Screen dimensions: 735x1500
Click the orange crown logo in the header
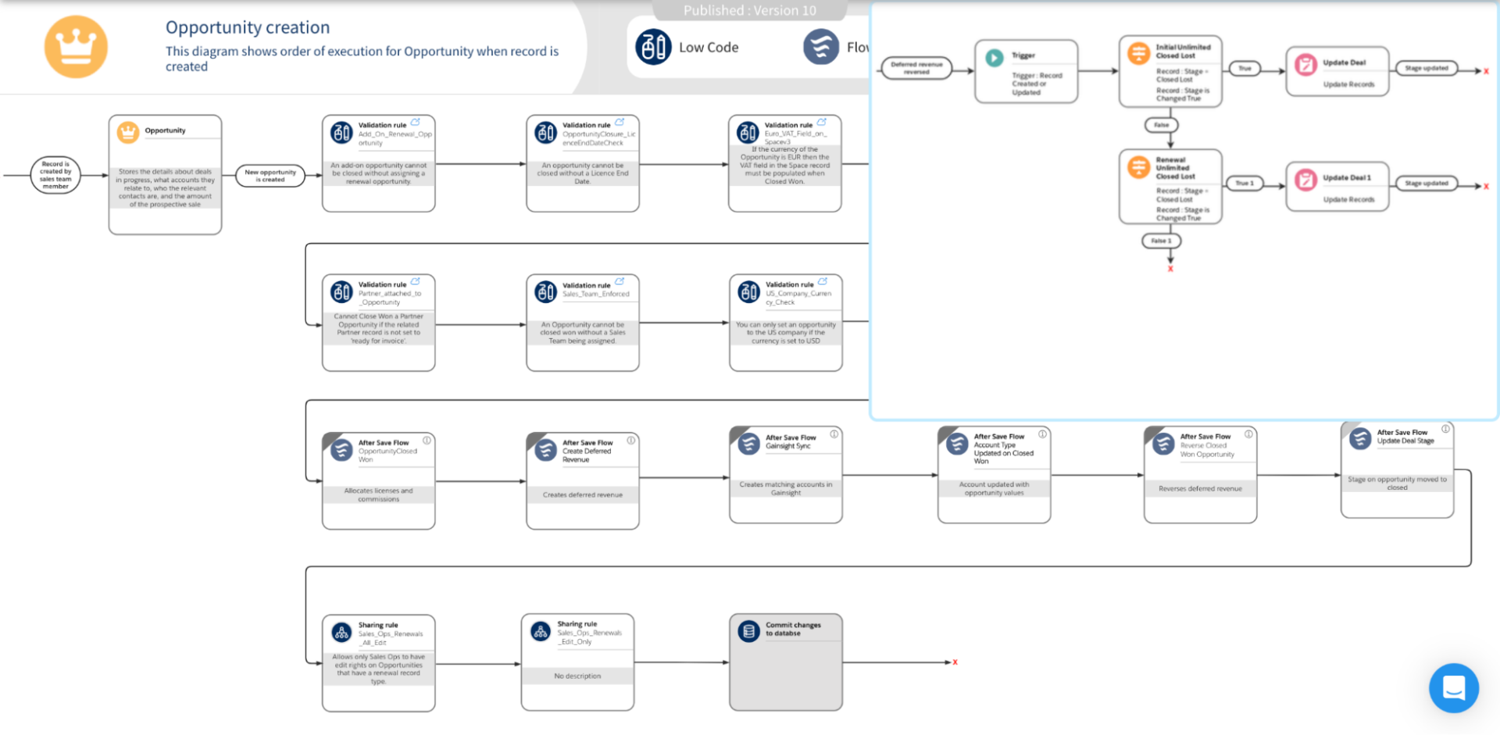[76, 47]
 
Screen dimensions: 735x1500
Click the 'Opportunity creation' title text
[247, 27]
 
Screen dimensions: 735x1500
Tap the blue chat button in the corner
[1453, 688]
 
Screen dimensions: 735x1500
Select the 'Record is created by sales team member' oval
[55, 175]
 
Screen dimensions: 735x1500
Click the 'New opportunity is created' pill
[270, 176]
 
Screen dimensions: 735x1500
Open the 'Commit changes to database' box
[785, 662]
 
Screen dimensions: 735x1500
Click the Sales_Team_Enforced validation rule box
[582, 323]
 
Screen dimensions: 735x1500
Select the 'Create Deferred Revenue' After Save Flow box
[582, 481]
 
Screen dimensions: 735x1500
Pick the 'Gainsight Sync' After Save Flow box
[785, 475]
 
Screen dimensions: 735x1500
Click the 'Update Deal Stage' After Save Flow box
[1397, 471]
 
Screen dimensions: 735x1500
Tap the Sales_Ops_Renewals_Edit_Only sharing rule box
[577, 662]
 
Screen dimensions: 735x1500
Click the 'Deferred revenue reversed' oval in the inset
[916, 68]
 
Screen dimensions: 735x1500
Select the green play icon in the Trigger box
[994, 58]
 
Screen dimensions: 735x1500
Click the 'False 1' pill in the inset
[1161, 241]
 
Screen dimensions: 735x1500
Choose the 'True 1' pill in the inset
[1244, 184]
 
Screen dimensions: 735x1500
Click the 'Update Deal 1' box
[1337, 187]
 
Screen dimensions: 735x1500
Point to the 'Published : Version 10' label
[749, 10]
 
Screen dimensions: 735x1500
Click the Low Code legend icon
[653, 47]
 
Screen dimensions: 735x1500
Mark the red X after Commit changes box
[955, 662]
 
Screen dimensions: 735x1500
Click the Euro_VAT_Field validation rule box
[784, 164]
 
